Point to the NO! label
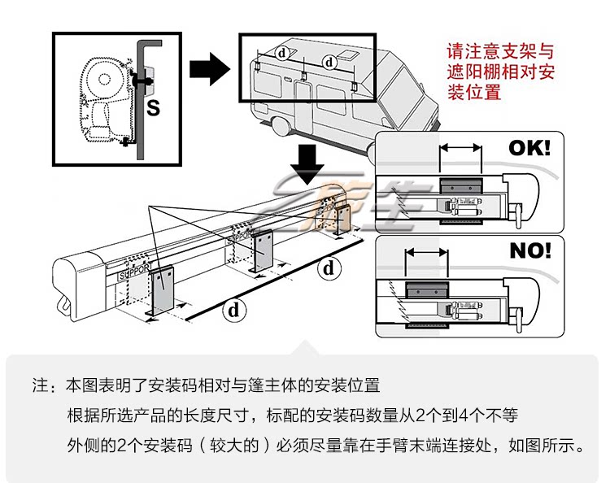coord(529,250)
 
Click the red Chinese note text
coord(501,71)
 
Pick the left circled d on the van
coord(282,53)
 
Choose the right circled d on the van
coord(329,61)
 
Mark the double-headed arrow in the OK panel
coord(460,148)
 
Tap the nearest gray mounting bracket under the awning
coord(163,289)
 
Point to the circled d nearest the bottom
coord(235,309)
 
